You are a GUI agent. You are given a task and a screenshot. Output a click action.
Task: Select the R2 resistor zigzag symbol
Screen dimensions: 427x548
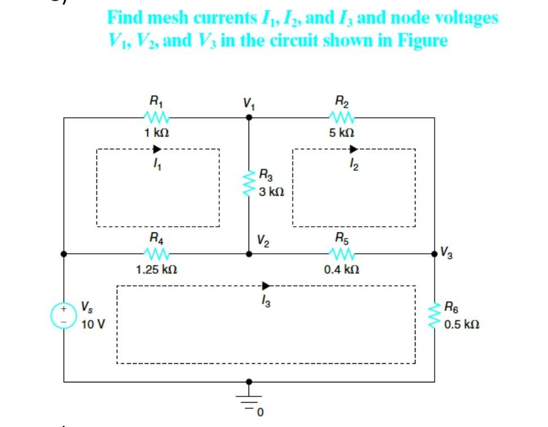tap(342, 118)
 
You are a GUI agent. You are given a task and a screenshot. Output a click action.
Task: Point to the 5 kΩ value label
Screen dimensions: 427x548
tap(342, 134)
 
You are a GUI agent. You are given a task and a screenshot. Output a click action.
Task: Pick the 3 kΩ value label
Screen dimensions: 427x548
tap(271, 192)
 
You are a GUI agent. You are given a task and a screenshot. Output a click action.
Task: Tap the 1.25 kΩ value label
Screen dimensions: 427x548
tap(157, 270)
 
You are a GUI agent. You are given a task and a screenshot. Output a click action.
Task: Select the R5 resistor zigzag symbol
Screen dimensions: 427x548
tap(342, 254)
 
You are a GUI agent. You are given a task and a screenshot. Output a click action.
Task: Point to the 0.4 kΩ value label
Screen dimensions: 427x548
tap(342, 270)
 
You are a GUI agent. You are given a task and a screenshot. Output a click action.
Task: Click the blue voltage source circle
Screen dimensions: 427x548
tap(64, 316)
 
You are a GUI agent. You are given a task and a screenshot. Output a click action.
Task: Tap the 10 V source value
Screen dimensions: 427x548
tap(87, 325)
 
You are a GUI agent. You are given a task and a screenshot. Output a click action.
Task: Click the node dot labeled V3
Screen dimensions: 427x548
tap(435, 254)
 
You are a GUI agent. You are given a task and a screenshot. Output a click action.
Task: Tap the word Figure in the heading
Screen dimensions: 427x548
tap(419, 41)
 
